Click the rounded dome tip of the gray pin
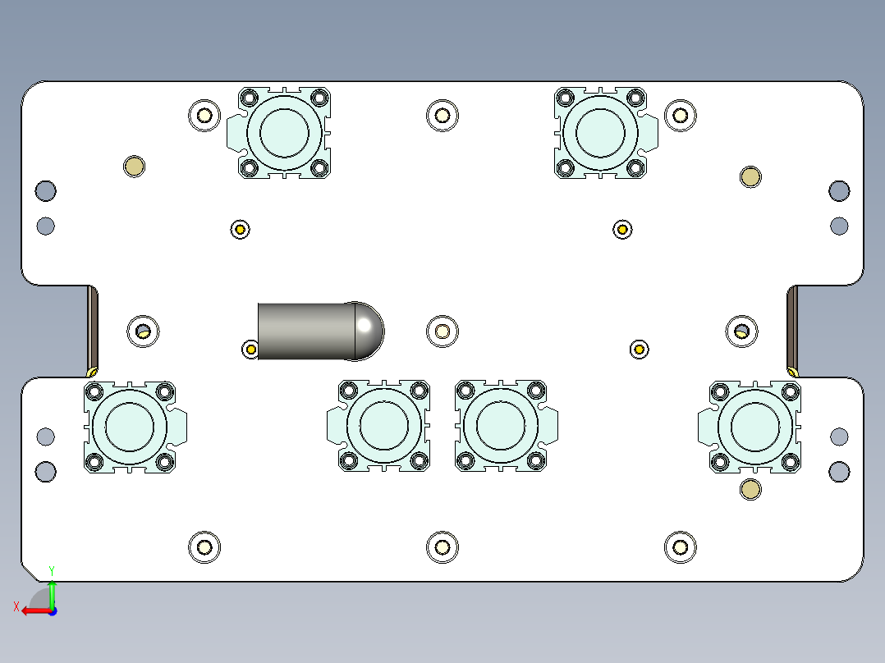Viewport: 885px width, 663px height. point(369,330)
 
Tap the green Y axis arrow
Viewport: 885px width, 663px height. point(52,592)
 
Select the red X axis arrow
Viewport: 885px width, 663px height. point(34,610)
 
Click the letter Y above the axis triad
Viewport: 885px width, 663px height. point(52,569)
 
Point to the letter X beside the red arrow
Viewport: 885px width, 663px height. point(16,606)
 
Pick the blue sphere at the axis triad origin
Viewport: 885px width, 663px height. point(52,610)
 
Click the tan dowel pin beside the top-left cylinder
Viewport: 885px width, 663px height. point(134,167)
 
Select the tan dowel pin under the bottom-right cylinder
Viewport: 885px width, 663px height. point(750,490)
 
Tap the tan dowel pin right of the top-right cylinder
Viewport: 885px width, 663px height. point(750,176)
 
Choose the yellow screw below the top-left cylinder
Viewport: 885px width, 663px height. point(240,229)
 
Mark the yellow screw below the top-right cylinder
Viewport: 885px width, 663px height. point(622,229)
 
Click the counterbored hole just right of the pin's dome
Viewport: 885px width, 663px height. point(442,331)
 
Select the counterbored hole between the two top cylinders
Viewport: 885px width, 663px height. point(442,115)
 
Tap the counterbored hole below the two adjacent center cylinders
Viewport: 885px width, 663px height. point(442,547)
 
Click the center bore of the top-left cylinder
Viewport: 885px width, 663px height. point(284,131)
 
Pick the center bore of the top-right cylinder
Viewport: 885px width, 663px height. point(601,131)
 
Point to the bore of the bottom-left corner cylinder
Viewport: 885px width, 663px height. point(131,427)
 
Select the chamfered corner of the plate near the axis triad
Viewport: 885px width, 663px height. point(30,572)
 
